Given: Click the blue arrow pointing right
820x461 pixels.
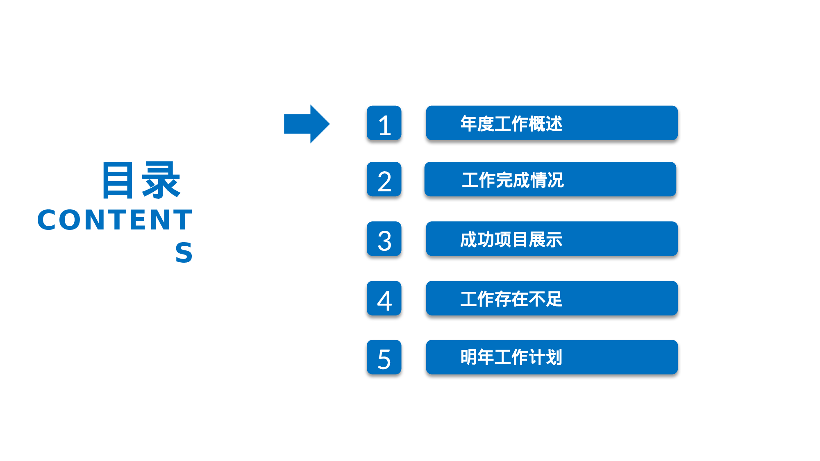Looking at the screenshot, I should click(x=307, y=124).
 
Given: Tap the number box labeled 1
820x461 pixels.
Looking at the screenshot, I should click(x=384, y=123).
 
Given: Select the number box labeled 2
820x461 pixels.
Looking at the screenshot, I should click(x=384, y=179).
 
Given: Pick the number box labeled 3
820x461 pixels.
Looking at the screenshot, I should click(x=384, y=239).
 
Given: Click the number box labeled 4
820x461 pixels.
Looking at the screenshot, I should click(x=384, y=298).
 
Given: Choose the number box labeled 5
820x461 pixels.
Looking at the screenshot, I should click(x=384, y=357).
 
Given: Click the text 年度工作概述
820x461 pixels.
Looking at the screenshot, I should click(x=511, y=124).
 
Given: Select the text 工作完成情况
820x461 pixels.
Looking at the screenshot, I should click(x=513, y=180).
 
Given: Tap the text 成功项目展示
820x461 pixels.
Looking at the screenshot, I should click(x=511, y=240).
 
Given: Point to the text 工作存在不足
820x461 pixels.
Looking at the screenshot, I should click(x=511, y=299).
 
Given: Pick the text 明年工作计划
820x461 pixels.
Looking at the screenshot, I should click(x=511, y=357).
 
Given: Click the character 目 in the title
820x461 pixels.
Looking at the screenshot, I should click(x=118, y=180).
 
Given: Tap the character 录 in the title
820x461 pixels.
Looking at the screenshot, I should click(x=161, y=180).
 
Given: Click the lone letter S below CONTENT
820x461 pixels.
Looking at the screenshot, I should click(x=184, y=252).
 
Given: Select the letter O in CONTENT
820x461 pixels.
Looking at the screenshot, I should click(x=73, y=220).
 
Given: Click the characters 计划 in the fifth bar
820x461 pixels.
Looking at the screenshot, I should click(x=545, y=357).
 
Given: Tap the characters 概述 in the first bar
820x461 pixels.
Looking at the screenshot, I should click(x=545, y=124).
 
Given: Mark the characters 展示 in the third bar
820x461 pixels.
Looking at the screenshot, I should click(x=545, y=240).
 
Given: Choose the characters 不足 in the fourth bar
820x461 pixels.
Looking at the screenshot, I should click(x=545, y=299).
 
